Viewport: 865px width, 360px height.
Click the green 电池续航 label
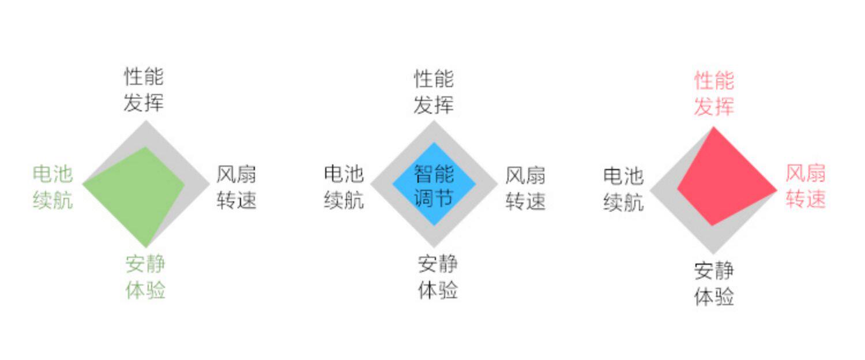pyautogui.click(x=52, y=187)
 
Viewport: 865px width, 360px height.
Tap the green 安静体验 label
pyautogui.click(x=145, y=277)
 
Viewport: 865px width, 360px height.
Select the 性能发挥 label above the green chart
pyautogui.click(x=144, y=89)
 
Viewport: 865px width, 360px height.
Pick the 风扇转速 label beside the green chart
pyautogui.click(x=236, y=187)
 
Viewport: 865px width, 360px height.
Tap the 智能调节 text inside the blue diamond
pyautogui.click(x=434, y=186)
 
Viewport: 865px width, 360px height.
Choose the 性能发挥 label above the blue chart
pyautogui.click(x=434, y=92)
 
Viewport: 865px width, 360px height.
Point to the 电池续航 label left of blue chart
pyautogui.click(x=344, y=187)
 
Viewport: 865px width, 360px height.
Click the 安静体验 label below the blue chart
pyautogui.click(x=438, y=277)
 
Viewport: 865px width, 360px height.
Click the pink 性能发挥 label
pyautogui.click(x=714, y=93)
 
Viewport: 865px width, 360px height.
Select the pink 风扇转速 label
pyautogui.click(x=806, y=186)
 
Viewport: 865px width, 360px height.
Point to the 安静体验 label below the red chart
pyautogui.click(x=714, y=284)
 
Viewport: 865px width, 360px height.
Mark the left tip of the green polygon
pyautogui.click(x=84, y=184)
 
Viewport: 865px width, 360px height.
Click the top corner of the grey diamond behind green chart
pyautogui.click(x=146, y=121)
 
